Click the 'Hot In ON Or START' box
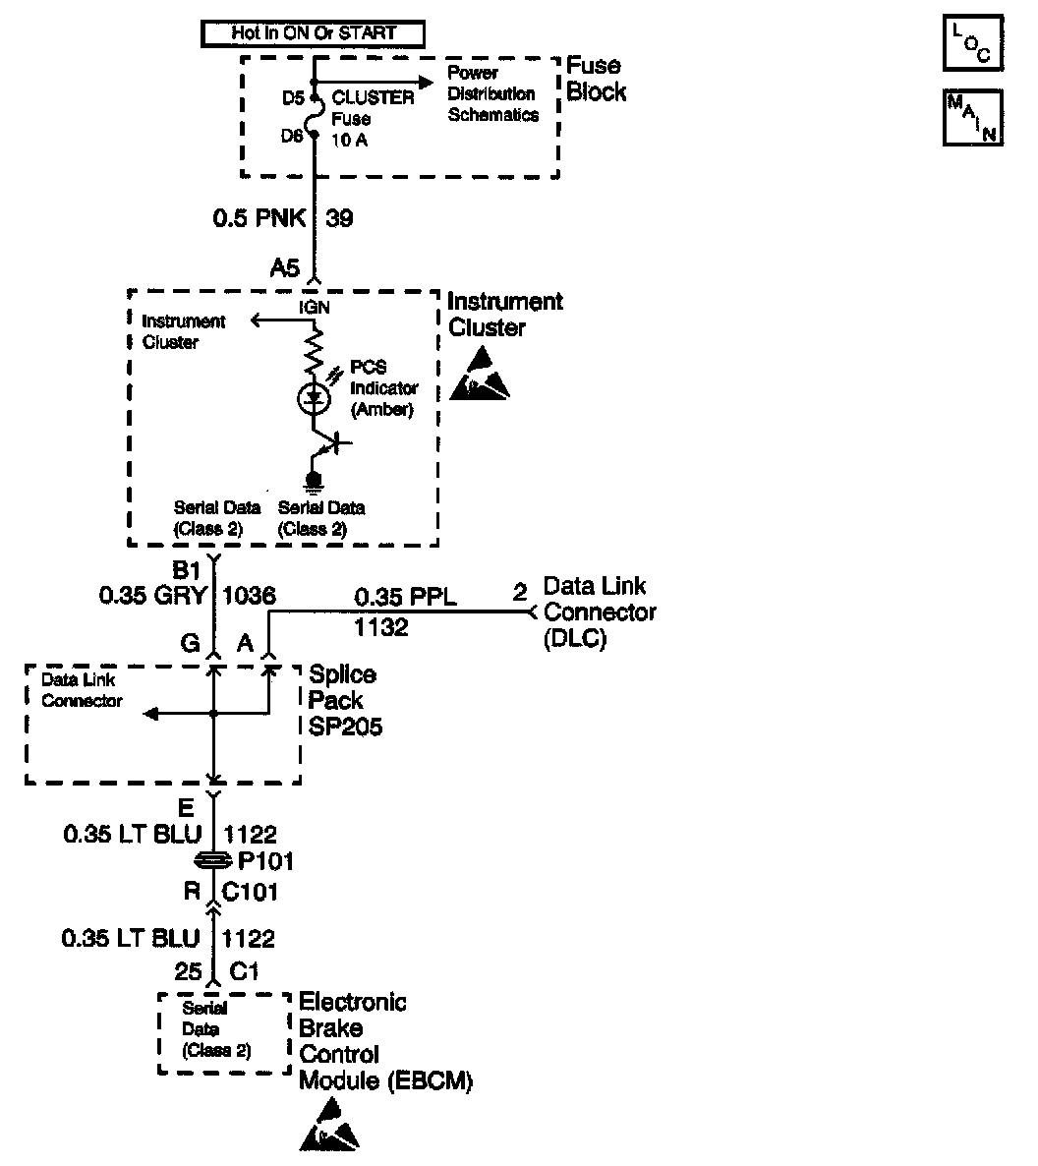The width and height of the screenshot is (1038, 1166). (x=313, y=33)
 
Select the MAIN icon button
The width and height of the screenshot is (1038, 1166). (x=972, y=118)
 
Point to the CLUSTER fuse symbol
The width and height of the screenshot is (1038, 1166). (x=314, y=116)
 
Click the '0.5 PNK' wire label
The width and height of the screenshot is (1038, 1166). (x=259, y=217)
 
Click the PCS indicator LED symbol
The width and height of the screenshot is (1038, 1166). (x=314, y=398)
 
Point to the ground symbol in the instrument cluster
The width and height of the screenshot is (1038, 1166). (x=314, y=481)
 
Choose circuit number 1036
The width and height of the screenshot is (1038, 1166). (x=250, y=595)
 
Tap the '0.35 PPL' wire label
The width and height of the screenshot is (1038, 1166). (x=405, y=596)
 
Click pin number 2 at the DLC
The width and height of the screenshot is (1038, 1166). (x=520, y=592)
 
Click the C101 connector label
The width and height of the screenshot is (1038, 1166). (x=253, y=892)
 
